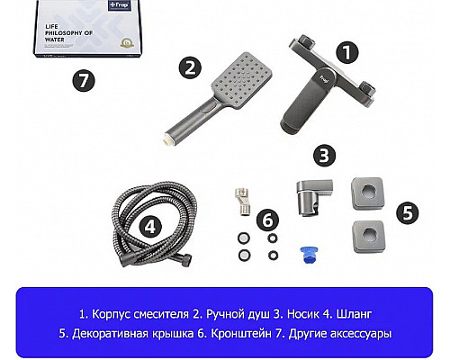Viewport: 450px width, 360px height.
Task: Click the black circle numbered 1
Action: pyautogui.click(x=347, y=52)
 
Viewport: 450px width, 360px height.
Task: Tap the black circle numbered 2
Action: pyautogui.click(x=190, y=67)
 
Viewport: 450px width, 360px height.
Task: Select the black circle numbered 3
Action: pyautogui.click(x=324, y=156)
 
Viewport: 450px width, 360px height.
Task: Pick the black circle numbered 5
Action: pyautogui.click(x=407, y=212)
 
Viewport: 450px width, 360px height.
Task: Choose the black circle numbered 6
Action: pyautogui.click(x=268, y=220)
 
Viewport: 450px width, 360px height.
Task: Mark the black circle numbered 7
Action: pyautogui.click(x=84, y=80)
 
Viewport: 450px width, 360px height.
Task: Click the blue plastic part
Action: pyautogui.click(x=310, y=255)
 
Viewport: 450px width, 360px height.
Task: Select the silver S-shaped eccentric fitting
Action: pyautogui.click(x=242, y=202)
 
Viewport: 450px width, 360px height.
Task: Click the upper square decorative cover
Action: pyautogui.click(x=368, y=193)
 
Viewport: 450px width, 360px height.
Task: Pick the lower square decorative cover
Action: pyautogui.click(x=369, y=237)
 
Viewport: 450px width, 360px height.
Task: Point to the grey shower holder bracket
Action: pyautogui.click(x=312, y=196)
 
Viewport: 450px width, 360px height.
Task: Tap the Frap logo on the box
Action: pyautogui.click(x=120, y=4)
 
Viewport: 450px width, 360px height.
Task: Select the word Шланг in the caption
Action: pyautogui.click(x=354, y=314)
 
